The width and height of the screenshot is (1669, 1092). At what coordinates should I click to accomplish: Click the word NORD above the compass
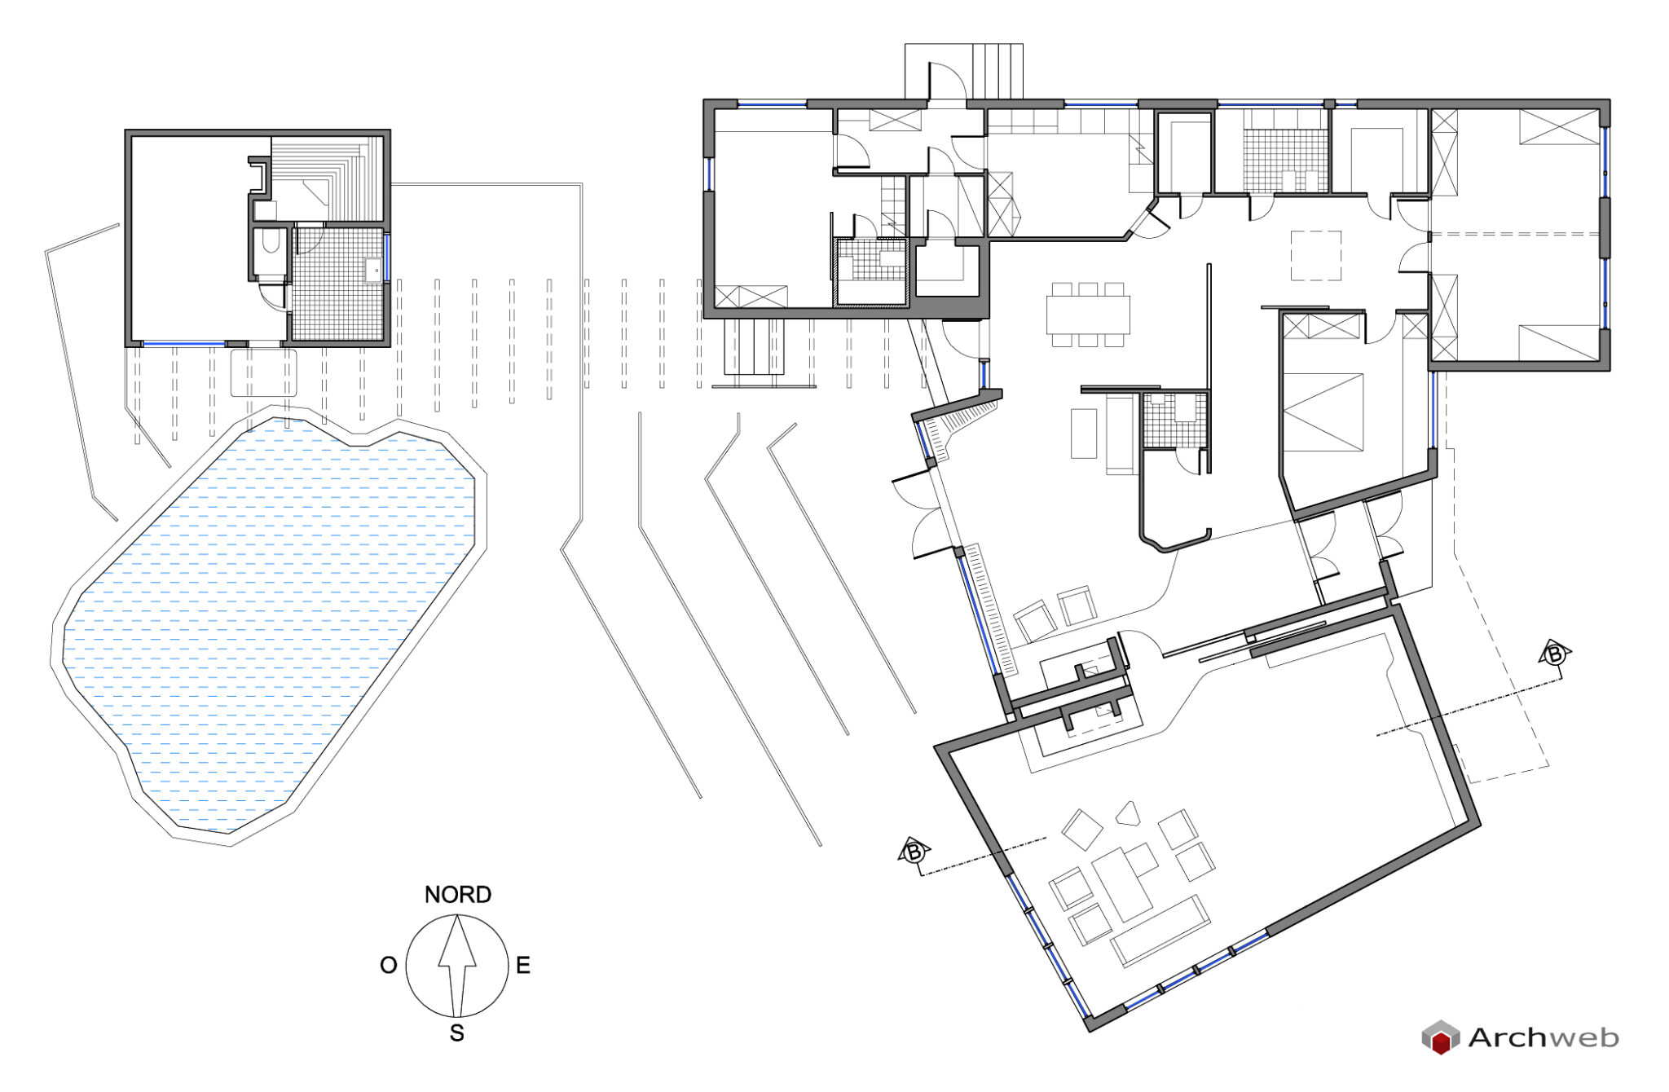(x=457, y=895)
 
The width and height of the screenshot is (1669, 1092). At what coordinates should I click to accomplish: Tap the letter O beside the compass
(x=389, y=966)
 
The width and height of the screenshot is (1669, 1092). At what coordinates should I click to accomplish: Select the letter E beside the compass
(x=523, y=966)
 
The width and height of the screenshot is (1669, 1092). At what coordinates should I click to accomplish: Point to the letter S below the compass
(x=457, y=1033)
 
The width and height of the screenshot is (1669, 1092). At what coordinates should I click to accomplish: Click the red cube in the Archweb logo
(x=1441, y=1041)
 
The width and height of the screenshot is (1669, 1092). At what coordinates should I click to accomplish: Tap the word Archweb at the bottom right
(x=1543, y=1037)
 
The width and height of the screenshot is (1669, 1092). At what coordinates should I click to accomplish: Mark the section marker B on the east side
(x=1554, y=654)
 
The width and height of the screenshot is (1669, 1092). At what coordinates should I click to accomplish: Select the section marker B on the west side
(x=914, y=852)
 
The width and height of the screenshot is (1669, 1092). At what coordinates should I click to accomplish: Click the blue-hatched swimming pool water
(x=269, y=619)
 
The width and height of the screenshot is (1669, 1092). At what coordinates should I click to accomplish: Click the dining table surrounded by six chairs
(x=1088, y=315)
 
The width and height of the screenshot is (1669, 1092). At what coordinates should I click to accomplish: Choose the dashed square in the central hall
(x=1315, y=256)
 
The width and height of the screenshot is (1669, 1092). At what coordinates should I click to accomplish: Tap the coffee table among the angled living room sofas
(x=1122, y=884)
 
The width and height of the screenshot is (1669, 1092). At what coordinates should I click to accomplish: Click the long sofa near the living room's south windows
(x=1160, y=931)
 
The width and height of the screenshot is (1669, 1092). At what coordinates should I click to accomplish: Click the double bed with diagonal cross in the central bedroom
(x=1323, y=412)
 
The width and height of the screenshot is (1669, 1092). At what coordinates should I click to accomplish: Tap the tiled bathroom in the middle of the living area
(x=1174, y=420)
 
